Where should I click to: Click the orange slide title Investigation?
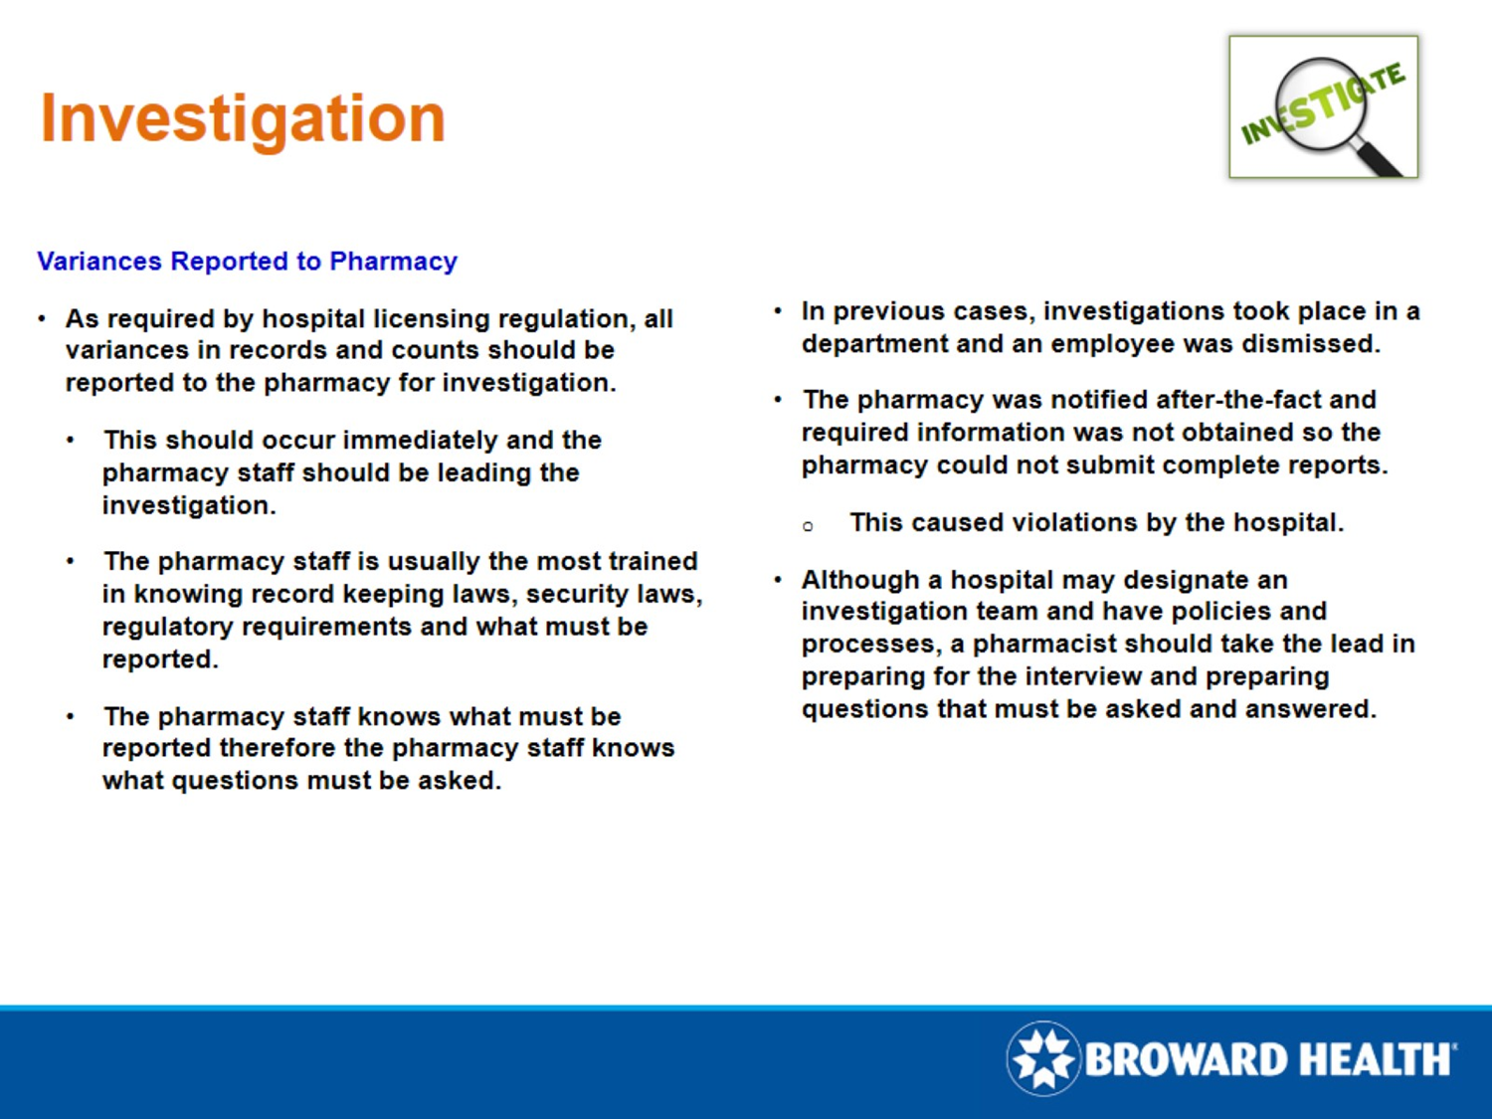pos(242,118)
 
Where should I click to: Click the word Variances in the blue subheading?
pos(98,262)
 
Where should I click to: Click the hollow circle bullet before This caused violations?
pos(808,526)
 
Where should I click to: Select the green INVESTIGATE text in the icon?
pos(1322,103)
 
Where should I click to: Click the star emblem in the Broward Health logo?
pos(1042,1058)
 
